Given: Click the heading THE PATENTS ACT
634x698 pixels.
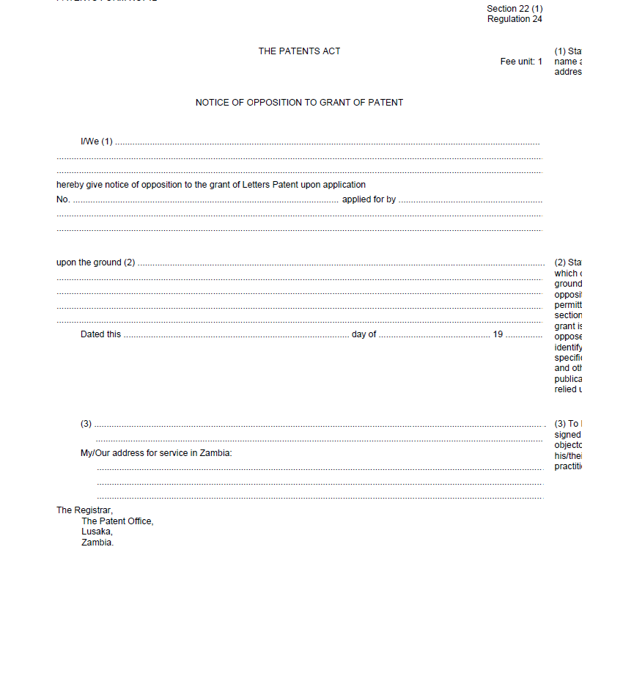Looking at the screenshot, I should pyautogui.click(x=299, y=51).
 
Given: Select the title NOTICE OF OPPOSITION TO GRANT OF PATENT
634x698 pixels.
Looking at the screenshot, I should pyautogui.click(x=299, y=103).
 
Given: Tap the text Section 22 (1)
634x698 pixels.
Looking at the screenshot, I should pyautogui.click(x=515, y=9).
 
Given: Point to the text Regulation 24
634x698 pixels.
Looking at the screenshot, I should pyautogui.click(x=515, y=19).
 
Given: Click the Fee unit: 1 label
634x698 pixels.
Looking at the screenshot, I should pyautogui.click(x=521, y=62).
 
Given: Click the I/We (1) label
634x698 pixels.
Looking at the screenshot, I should pyautogui.click(x=97, y=142).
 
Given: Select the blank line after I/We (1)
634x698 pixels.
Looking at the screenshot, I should pyautogui.click(x=327, y=142).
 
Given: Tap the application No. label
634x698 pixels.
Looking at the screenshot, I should pyautogui.click(x=63, y=199).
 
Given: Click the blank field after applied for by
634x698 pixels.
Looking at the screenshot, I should pyautogui.click(x=470, y=200).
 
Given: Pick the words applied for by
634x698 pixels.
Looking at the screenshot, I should pyautogui.click(x=369, y=199).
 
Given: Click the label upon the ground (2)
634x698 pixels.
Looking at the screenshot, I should pyautogui.click(x=95, y=262).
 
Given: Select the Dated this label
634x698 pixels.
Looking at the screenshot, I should pyautogui.click(x=100, y=334).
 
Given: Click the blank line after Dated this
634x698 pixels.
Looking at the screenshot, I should pyautogui.click(x=236, y=335).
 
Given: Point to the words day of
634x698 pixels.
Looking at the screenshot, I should pyautogui.click(x=364, y=334).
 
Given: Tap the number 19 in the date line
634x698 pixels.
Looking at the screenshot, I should pyautogui.click(x=498, y=334).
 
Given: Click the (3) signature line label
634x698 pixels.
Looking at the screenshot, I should pyautogui.click(x=86, y=424).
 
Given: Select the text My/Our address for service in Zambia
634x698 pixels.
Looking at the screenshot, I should pyautogui.click(x=156, y=453).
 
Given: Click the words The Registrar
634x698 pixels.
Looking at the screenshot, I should pyautogui.click(x=84, y=510).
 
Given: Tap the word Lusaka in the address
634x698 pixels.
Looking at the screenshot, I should pyautogui.click(x=97, y=532).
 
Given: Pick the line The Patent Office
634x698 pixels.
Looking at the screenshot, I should pyautogui.click(x=117, y=521).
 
